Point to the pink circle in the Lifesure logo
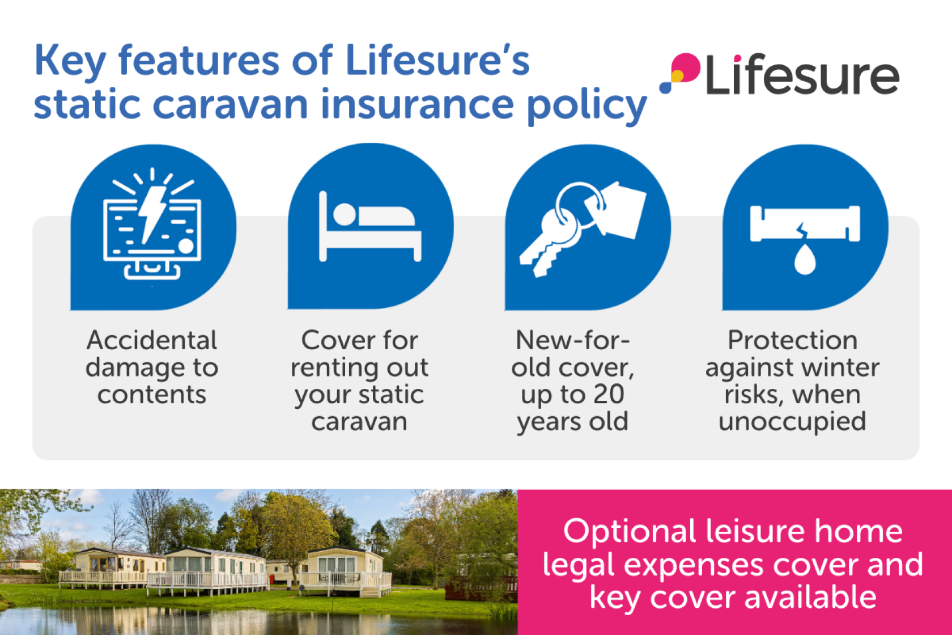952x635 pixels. [685, 67]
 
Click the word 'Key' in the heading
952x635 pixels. [70, 61]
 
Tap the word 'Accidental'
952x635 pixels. [152, 340]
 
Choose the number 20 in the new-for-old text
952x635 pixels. [609, 394]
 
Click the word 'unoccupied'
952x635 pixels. [792, 422]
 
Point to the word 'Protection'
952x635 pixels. [793, 340]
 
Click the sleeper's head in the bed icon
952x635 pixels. [345, 214]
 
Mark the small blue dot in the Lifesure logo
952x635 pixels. [665, 87]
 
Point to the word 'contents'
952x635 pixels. [152, 395]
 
